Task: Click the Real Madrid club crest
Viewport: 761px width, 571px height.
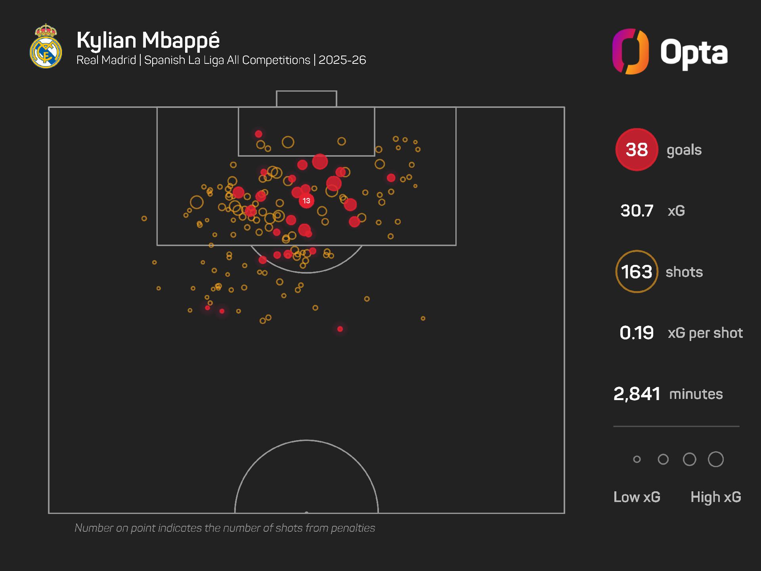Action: point(46,46)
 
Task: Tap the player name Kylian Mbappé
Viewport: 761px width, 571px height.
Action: point(148,40)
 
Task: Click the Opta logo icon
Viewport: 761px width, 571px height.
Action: point(630,52)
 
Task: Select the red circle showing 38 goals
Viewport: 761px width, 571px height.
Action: point(637,149)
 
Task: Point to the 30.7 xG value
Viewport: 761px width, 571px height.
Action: point(637,211)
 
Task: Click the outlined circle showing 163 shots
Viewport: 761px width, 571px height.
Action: point(637,272)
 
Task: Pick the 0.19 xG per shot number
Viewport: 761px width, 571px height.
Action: point(637,333)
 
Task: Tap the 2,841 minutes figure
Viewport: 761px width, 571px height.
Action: point(637,394)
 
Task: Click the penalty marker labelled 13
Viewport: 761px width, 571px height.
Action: point(306,201)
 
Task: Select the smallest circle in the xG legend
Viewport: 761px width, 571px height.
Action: point(637,459)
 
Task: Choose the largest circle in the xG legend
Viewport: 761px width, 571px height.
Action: point(716,459)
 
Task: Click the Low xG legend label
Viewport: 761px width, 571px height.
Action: point(637,497)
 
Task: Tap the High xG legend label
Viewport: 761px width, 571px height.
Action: point(716,497)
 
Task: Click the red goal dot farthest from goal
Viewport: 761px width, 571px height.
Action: point(340,329)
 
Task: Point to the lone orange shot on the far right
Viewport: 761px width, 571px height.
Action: point(423,318)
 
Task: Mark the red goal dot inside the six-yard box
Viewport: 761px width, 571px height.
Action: point(258,134)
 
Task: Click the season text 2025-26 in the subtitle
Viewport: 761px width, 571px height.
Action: point(342,60)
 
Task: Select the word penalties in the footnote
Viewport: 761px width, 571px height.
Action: point(353,528)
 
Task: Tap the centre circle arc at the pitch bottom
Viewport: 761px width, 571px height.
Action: point(306,441)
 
